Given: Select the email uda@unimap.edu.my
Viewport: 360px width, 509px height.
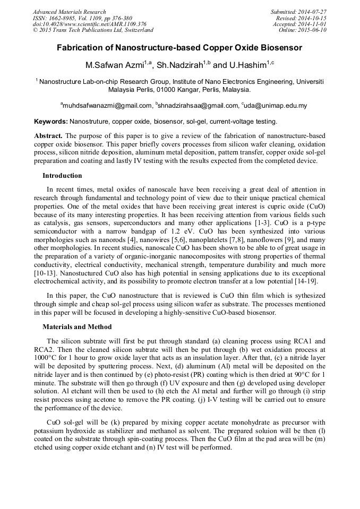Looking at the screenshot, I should click(276, 106).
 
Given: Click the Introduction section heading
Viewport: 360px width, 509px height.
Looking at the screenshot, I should click(62, 176).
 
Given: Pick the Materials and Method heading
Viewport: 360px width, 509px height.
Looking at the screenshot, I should click(77, 327).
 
